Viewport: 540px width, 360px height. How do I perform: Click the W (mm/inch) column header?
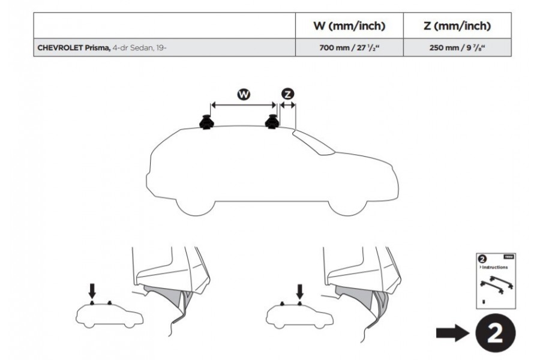coord(349,26)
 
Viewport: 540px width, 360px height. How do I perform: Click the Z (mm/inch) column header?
coord(458,26)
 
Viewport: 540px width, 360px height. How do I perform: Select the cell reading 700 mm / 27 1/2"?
coord(349,47)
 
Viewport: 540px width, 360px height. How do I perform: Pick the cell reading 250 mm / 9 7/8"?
coord(458,47)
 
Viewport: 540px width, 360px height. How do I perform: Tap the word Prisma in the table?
coord(97,47)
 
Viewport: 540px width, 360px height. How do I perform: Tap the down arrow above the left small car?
coord(92,291)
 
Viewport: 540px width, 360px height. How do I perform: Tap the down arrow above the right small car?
coord(299,292)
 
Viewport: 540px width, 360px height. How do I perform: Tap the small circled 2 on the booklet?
coord(482,259)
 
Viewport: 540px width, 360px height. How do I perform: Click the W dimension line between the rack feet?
coord(243,105)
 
